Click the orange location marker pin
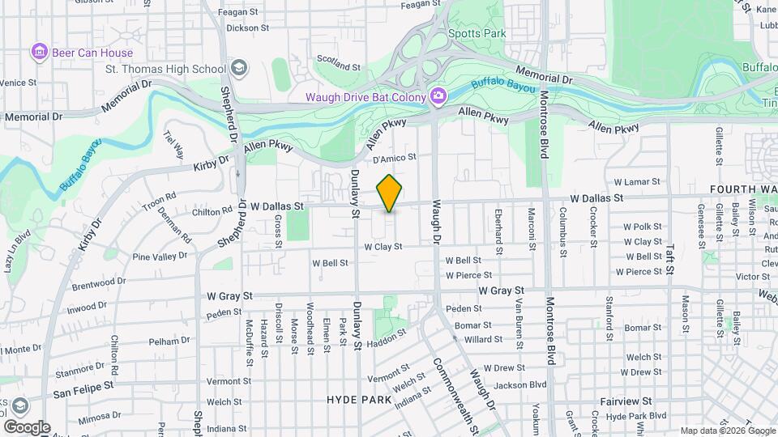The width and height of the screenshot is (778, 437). pyautogui.click(x=390, y=193)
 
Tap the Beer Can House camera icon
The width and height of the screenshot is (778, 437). pyautogui.click(x=38, y=53)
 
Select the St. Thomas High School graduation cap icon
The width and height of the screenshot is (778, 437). pyautogui.click(x=238, y=66)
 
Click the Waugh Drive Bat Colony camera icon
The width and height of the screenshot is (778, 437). pyautogui.click(x=438, y=97)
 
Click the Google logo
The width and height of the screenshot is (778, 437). pyautogui.click(x=26, y=427)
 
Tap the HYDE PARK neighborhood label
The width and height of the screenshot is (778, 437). pyautogui.click(x=358, y=400)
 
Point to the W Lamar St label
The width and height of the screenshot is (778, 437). pyautogui.click(x=638, y=182)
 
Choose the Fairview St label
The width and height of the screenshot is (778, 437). pyautogui.click(x=626, y=401)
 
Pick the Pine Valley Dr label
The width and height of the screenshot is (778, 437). pyautogui.click(x=159, y=256)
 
